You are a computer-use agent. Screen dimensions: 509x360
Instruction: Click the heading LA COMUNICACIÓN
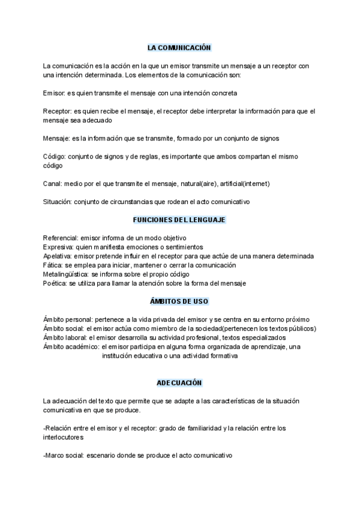click(x=179, y=47)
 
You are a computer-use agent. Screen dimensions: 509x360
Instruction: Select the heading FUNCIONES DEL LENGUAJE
click(x=179, y=220)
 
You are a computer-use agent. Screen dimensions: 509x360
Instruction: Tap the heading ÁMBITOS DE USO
click(x=179, y=301)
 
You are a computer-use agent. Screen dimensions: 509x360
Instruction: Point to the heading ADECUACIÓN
click(x=179, y=382)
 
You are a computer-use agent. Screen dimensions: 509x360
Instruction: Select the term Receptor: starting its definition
click(x=58, y=111)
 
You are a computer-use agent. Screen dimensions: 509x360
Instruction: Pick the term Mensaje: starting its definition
click(x=57, y=138)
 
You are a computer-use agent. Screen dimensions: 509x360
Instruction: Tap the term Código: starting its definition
click(x=55, y=156)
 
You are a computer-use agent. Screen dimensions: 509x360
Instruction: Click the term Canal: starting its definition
click(x=53, y=183)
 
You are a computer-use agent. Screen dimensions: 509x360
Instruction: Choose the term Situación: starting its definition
click(x=58, y=201)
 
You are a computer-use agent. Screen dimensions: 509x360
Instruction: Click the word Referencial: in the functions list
click(x=61, y=238)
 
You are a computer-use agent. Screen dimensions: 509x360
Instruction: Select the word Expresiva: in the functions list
click(x=59, y=247)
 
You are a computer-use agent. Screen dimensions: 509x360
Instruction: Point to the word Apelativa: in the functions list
click(x=59, y=256)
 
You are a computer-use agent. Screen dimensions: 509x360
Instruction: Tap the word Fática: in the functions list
click(x=53, y=265)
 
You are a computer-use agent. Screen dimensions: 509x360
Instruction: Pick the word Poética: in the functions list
click(x=56, y=283)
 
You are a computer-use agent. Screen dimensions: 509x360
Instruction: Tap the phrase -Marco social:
click(x=64, y=456)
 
